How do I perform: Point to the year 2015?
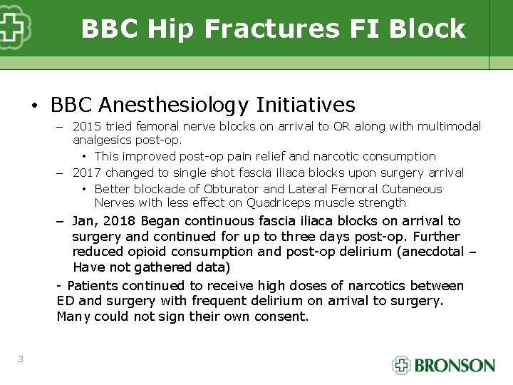pyautogui.click(x=87, y=126)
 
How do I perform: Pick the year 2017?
pyautogui.click(x=87, y=173)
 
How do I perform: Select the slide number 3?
pyautogui.click(x=21, y=359)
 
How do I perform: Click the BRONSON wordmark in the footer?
pyautogui.click(x=455, y=366)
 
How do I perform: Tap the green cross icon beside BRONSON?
pyautogui.click(x=402, y=365)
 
